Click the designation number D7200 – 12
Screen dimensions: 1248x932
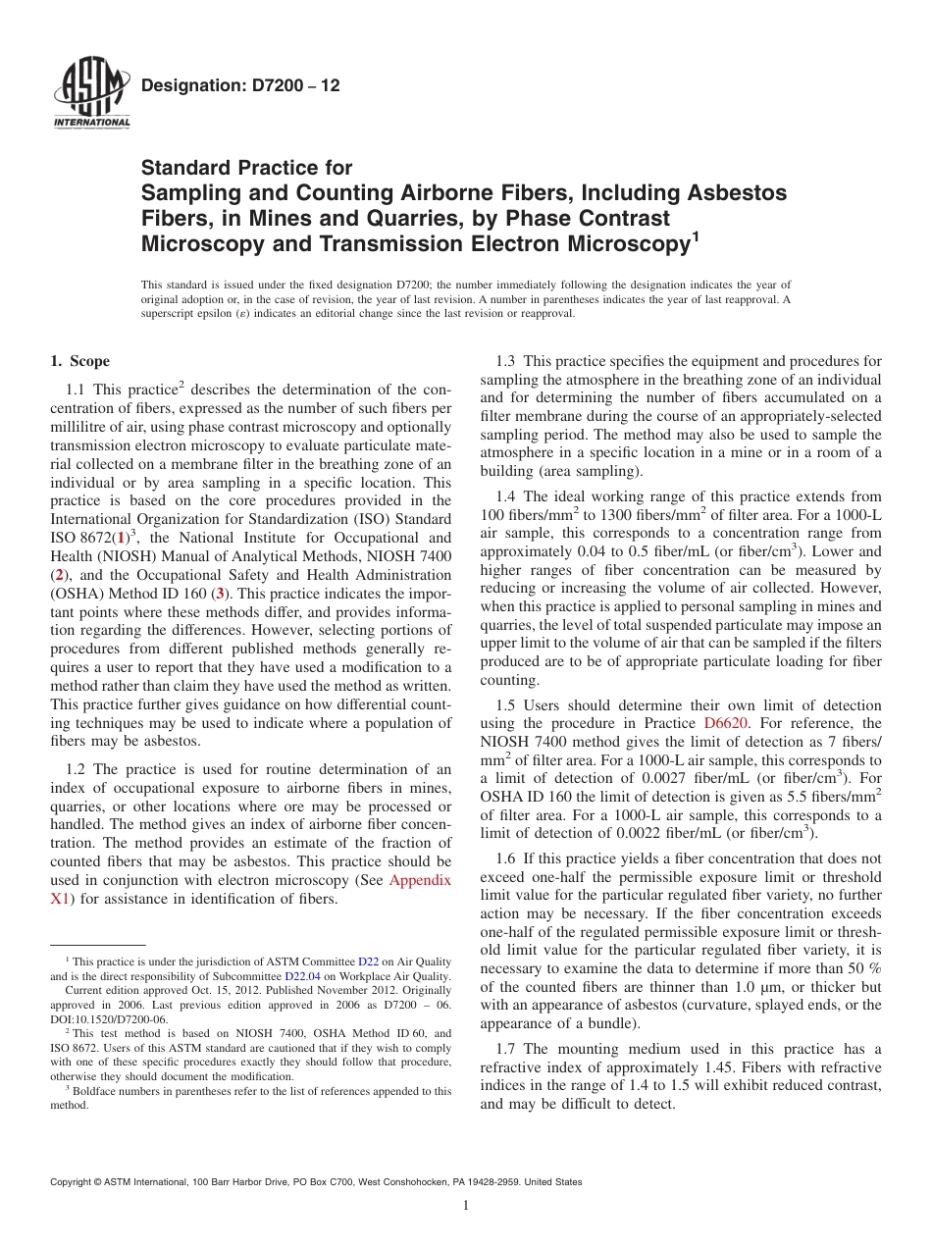(240, 86)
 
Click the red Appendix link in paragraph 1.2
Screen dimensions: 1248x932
(420, 880)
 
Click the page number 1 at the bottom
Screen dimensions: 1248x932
(466, 1206)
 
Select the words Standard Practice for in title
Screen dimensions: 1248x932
(246, 168)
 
